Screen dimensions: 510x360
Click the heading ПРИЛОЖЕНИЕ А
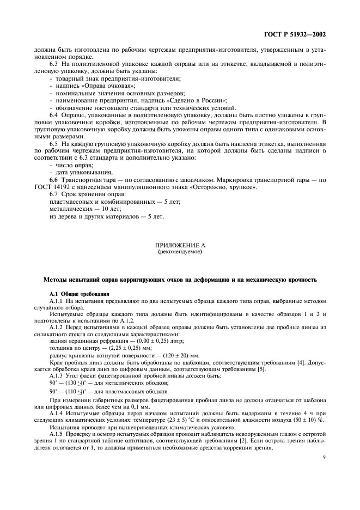click(x=180, y=246)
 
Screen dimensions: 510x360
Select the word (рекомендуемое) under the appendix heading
click(x=180, y=253)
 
